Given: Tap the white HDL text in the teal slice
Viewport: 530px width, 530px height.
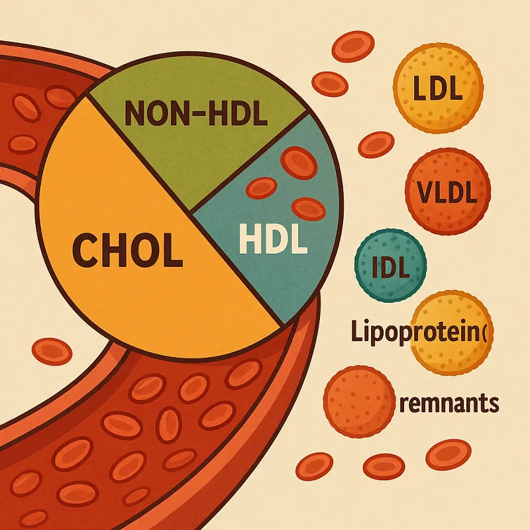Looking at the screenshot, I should coord(273,240).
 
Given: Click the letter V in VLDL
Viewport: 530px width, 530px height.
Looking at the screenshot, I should coord(426,193).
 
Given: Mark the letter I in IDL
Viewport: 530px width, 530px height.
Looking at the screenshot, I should coord(376,270).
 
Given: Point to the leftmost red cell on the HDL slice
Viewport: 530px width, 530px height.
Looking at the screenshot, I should coord(262,189).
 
